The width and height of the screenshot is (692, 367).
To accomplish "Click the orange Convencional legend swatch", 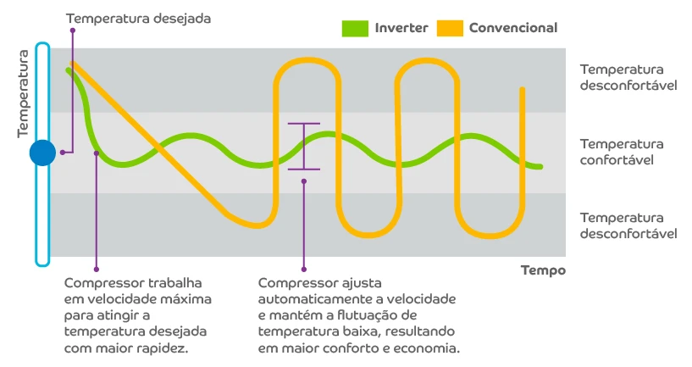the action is [x=451, y=28].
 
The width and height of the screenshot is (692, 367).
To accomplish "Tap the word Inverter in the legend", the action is [x=401, y=28].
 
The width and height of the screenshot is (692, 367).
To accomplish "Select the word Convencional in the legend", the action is [x=512, y=28].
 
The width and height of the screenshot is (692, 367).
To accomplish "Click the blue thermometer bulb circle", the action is [x=42, y=153].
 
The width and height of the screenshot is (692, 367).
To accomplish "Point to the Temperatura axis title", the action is [x=24, y=93].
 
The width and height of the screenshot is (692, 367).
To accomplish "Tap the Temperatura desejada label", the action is [x=126, y=18].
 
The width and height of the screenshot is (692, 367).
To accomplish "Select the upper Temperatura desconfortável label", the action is [x=628, y=78].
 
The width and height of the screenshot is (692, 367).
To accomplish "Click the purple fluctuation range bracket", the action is [x=303, y=147].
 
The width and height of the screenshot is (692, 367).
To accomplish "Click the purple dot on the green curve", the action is [x=97, y=153].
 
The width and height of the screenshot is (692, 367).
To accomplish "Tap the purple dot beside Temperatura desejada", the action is [x=74, y=30].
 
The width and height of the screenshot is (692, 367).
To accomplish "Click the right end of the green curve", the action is [x=540, y=167].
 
